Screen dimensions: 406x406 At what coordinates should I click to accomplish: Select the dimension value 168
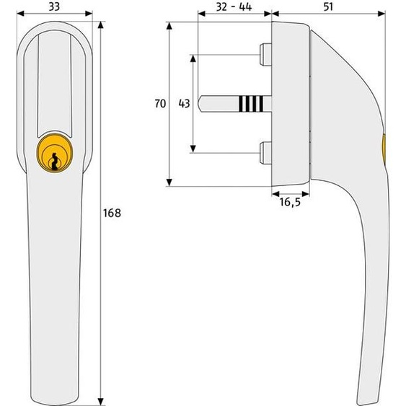(112, 213)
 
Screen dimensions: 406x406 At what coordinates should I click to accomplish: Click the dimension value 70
(159, 104)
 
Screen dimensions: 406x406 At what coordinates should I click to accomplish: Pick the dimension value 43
(183, 104)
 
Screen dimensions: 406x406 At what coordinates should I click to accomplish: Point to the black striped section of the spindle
(248, 104)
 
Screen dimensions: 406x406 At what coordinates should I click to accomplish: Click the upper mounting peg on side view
(265, 56)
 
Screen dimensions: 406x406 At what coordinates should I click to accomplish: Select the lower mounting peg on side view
(265, 153)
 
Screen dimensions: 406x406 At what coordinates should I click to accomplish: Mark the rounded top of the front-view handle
(54, 25)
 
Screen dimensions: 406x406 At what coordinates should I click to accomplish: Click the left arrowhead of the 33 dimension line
(18, 14)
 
